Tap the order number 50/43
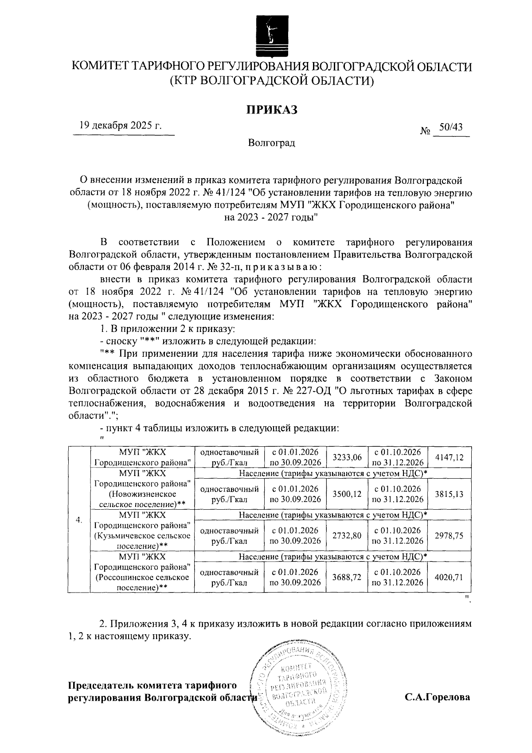coord(450,127)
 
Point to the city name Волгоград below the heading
coord(271,143)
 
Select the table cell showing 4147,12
coord(449,457)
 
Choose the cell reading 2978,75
coord(449,535)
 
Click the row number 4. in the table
coord(79,520)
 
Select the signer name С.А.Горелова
coord(437,697)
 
